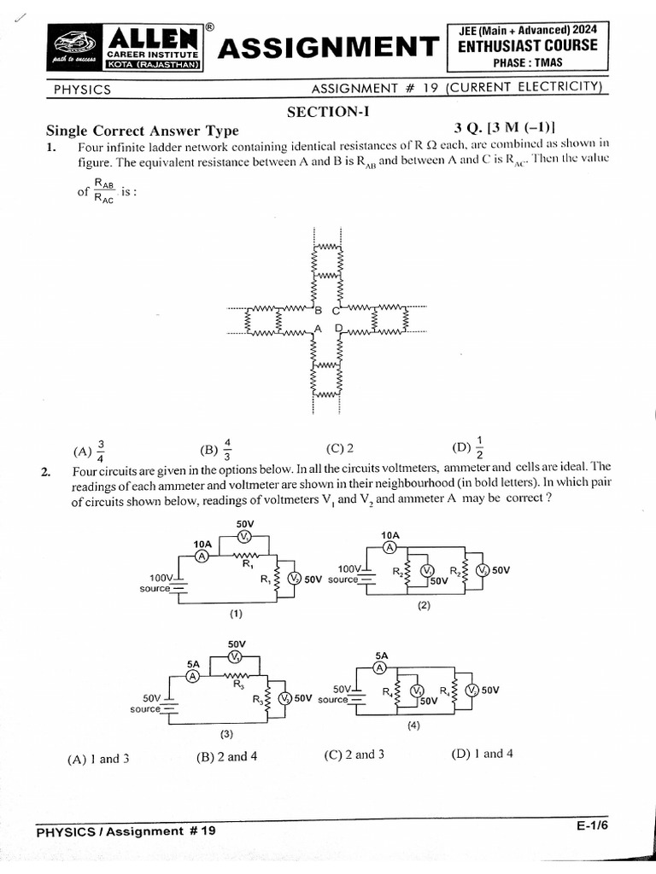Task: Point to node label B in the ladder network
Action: point(319,310)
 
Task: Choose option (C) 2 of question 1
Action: point(340,448)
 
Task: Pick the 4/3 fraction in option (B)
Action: point(228,447)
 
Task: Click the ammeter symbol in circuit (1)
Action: point(202,556)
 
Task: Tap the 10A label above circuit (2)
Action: point(389,536)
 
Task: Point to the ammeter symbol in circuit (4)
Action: point(381,668)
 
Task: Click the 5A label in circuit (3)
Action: point(193,662)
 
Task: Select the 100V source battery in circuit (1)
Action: point(179,581)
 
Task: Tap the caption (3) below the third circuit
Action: point(226,734)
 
